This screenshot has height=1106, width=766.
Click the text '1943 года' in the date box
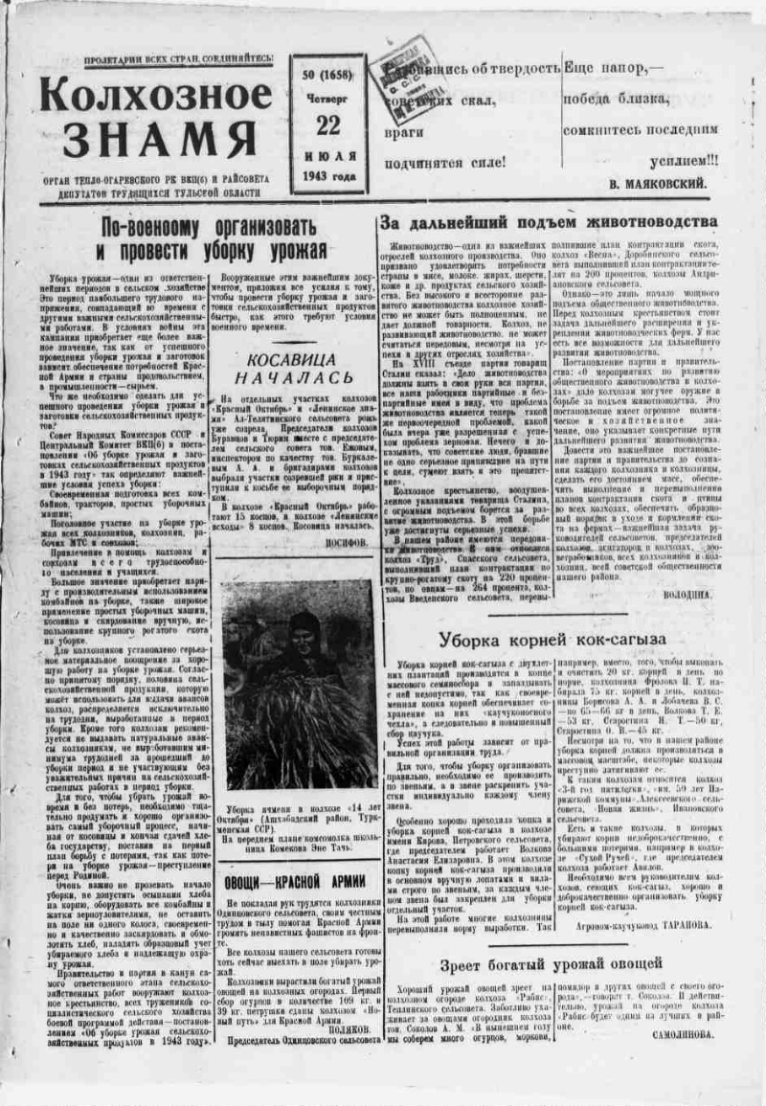click(327, 175)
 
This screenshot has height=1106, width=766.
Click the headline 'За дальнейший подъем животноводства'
click(549, 221)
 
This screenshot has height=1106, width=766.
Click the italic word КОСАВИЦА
click(292, 359)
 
